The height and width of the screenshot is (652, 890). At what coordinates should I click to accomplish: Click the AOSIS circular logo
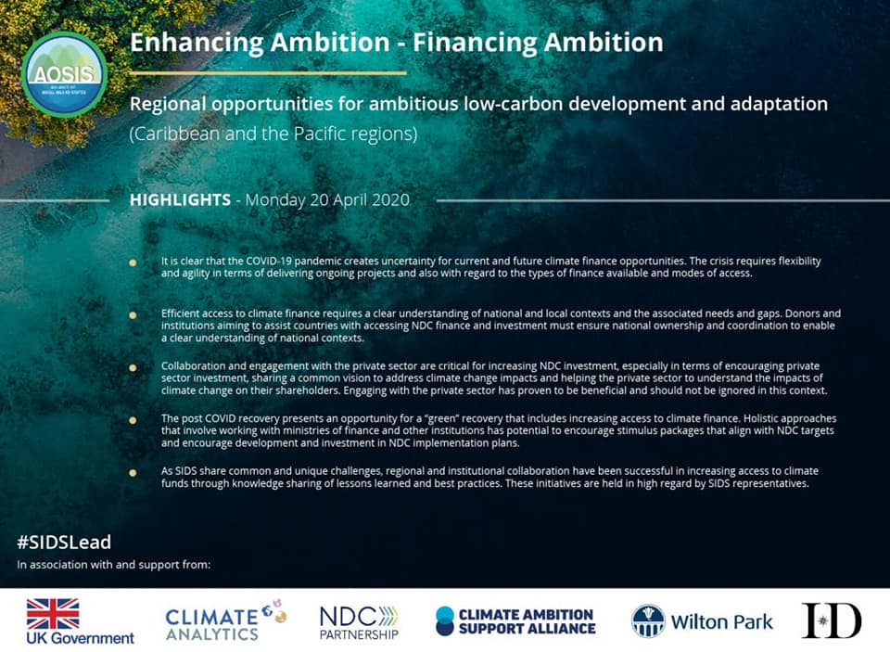pos(64,75)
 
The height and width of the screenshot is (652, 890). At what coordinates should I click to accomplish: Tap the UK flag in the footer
pos(53,613)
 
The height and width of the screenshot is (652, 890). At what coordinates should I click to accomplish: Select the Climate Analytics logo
pos(225,620)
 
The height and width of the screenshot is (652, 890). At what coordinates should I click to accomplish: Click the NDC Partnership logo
pos(360,622)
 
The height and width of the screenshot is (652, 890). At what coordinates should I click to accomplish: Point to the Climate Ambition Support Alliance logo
pos(515,621)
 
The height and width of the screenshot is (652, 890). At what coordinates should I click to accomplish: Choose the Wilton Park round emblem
pos(648,620)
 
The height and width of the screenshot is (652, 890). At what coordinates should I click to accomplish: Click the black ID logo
pos(832,620)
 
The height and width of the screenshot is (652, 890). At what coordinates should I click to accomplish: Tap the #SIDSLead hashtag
pos(64,543)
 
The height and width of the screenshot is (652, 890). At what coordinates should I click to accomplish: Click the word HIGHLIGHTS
pos(180,200)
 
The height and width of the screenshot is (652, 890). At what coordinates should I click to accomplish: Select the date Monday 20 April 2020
pos(327,200)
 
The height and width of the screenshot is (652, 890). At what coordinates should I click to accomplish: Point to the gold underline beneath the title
pos(268,72)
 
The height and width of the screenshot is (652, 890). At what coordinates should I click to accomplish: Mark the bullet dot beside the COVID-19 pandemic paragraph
pos(133,263)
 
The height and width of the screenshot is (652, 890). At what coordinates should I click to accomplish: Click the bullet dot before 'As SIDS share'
pos(133,472)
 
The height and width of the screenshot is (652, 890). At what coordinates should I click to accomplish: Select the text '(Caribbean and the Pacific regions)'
pos(273,134)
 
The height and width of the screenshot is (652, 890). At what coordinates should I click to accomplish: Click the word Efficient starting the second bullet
pos(179,313)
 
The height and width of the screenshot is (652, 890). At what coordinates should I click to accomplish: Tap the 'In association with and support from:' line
pos(114,565)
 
